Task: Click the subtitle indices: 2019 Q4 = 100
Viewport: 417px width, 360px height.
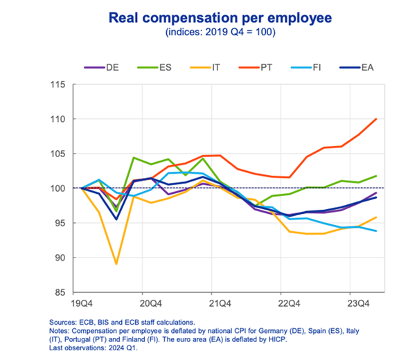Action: [208, 33]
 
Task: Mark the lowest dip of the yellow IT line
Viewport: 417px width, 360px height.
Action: [116, 264]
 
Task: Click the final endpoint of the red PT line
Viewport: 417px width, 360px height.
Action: [376, 119]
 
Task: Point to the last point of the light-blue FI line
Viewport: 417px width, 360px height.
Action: [376, 231]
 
